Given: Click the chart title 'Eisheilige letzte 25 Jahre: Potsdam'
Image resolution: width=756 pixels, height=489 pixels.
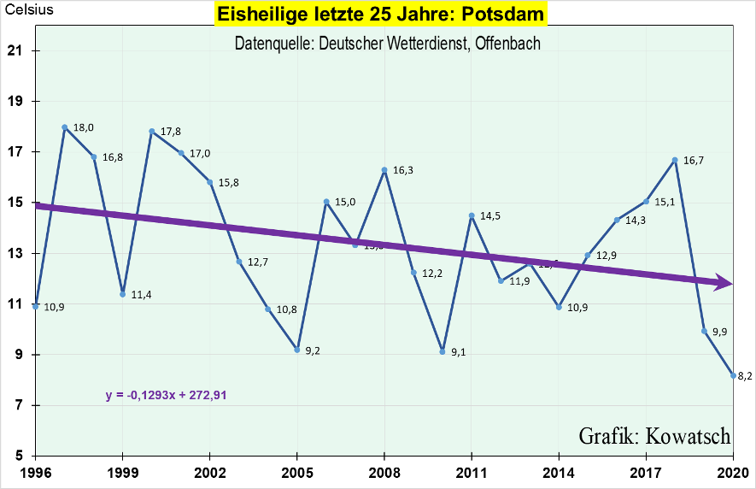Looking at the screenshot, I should point(378,15).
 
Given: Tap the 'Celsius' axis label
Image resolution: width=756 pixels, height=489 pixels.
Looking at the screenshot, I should point(28,11).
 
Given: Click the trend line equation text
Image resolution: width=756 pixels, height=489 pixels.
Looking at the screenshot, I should point(166,395).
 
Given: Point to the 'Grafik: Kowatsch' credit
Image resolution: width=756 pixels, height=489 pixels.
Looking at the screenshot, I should point(654,435).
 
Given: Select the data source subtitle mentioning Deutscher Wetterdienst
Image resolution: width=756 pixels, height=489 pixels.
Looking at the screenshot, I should point(387,43).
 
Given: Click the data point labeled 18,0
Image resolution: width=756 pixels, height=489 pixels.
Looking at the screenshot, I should point(65,127).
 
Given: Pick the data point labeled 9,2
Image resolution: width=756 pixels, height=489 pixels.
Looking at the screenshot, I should point(296,350).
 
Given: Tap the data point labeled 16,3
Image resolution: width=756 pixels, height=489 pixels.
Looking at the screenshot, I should point(384,170).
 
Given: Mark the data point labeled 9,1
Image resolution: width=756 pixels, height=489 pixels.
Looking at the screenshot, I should point(442,351).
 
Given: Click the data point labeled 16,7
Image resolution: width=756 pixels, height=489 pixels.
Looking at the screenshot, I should point(675,160).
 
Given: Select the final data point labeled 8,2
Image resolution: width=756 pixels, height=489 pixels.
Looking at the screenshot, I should point(733,375).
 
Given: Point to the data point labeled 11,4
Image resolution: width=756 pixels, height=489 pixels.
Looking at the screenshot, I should point(123,294).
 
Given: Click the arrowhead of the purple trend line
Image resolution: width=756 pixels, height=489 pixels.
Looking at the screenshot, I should point(724,282).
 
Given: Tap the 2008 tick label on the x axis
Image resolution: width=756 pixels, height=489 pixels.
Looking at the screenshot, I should point(384,471).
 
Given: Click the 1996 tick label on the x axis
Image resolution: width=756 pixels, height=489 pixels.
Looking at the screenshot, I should point(34,471).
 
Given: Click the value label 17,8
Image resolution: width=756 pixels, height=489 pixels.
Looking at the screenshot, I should point(171,133).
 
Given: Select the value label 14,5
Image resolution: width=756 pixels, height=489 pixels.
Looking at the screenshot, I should point(490,216).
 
